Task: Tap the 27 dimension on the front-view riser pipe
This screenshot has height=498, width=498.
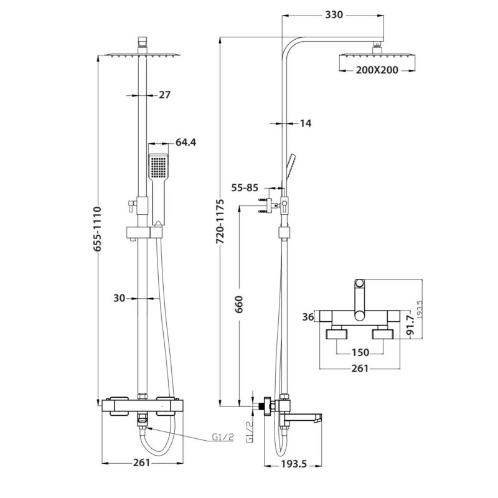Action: [165, 95]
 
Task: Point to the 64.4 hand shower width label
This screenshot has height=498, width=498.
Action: [186, 143]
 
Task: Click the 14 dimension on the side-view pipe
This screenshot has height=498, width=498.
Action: [305, 124]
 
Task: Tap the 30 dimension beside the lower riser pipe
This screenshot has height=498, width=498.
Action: [120, 298]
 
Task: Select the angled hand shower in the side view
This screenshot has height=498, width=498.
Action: [290, 165]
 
